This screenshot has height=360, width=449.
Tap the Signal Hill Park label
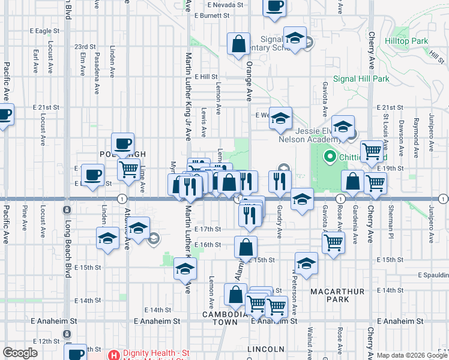click(x=361, y=79)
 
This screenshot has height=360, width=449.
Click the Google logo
click(x=20, y=353)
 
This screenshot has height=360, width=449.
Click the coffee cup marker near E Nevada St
click(x=274, y=7)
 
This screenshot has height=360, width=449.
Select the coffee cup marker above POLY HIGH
click(x=123, y=143)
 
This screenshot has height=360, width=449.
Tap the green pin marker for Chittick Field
click(x=329, y=157)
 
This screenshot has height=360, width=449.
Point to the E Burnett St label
click(x=213, y=15)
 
